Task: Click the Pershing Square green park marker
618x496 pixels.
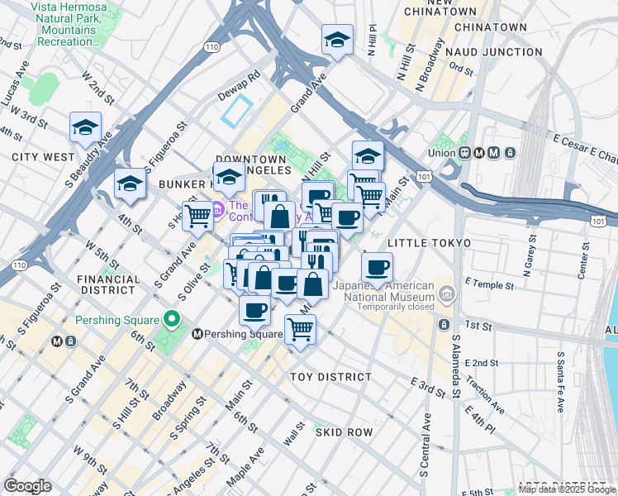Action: (x=172, y=318)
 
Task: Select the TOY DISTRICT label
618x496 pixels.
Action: (x=330, y=377)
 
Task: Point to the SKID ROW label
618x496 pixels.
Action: (x=343, y=432)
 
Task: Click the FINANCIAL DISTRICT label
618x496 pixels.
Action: (x=107, y=285)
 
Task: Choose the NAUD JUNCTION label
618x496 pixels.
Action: (x=493, y=52)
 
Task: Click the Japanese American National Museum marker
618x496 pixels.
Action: (x=447, y=293)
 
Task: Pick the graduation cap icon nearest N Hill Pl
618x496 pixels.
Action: (x=337, y=41)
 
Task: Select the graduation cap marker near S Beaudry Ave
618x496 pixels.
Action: (x=85, y=127)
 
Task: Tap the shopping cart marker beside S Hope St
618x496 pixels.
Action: (x=197, y=216)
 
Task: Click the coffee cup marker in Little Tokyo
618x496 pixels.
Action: (x=377, y=267)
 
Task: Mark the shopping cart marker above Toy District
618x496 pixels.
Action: (x=301, y=330)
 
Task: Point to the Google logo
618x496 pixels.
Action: (x=27, y=486)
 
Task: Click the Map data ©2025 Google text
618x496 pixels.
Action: (x=568, y=489)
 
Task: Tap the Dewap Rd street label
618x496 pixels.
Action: (x=240, y=74)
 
